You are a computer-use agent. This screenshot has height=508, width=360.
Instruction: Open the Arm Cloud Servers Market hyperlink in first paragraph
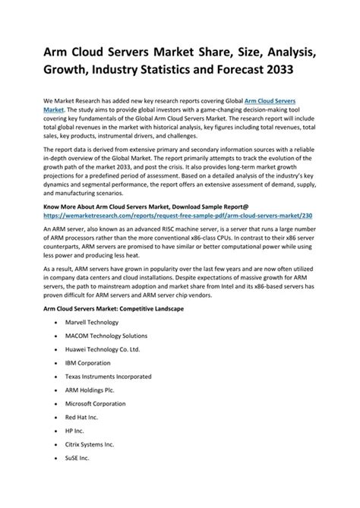click(298, 100)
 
